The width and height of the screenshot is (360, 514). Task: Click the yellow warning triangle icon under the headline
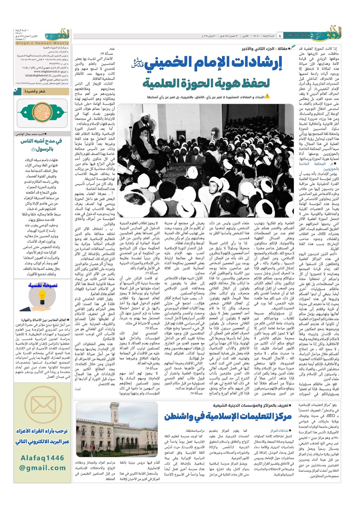267,96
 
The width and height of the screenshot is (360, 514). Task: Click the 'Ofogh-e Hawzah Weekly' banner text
42,43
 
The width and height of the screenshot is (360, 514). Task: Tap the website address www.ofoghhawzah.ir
42,72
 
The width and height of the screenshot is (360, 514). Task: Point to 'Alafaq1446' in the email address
42,458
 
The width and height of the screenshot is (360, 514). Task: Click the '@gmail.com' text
42,468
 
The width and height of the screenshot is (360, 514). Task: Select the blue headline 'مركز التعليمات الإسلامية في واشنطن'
228,416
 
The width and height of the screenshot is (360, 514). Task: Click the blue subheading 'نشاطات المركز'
280,430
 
